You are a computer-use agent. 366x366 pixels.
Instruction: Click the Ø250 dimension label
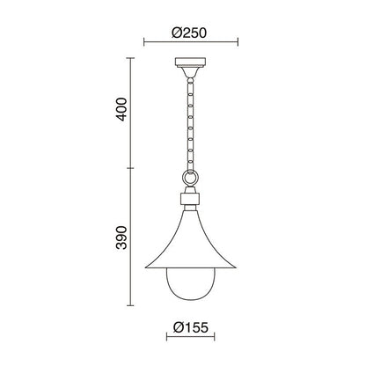(189, 33)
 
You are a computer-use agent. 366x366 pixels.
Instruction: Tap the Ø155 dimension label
(190, 327)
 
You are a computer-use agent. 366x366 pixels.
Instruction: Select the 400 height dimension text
(121, 109)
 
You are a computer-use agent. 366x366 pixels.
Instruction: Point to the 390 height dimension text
(121, 238)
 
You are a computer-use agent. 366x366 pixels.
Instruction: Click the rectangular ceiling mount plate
(190, 62)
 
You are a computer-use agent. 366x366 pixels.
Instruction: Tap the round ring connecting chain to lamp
(190, 177)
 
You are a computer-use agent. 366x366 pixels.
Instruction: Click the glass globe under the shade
(190, 284)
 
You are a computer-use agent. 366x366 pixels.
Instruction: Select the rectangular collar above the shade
(190, 199)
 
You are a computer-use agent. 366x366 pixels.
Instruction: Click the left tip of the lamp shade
(146, 267)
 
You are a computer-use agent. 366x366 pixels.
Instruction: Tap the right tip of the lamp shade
(236, 267)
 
